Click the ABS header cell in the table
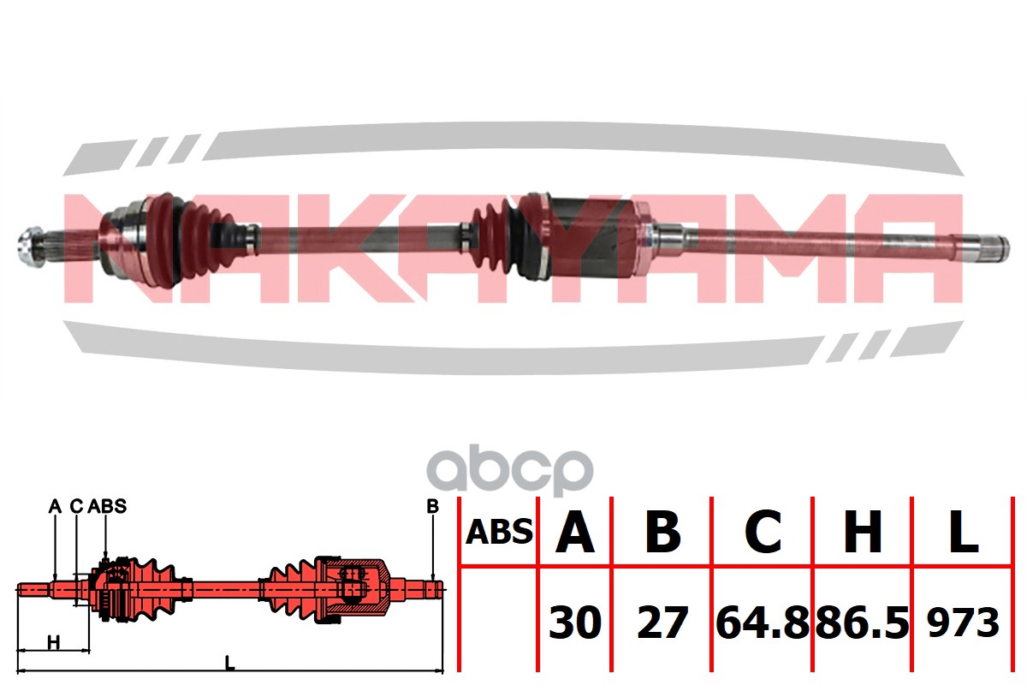[499, 533]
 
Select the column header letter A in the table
[575, 532]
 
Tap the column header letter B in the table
[662, 532]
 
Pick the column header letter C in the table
[763, 532]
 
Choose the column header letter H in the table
[863, 532]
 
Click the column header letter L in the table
[964, 532]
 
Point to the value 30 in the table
[575, 623]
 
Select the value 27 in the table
[662, 623]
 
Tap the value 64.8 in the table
[763, 623]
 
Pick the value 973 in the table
[964, 623]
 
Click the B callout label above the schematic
[432, 507]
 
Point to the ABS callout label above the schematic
[107, 507]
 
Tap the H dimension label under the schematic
[53, 642]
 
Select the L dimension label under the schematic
[229, 661]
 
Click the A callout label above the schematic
[55, 507]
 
